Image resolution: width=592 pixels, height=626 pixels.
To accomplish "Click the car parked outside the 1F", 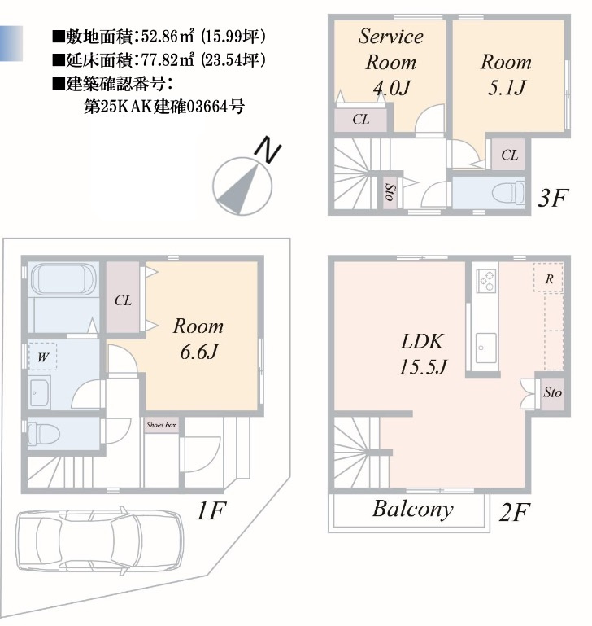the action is click(100, 541).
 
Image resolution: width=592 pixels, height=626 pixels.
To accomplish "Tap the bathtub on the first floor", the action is click(63, 280).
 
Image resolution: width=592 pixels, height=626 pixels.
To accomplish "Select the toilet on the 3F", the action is click(507, 193).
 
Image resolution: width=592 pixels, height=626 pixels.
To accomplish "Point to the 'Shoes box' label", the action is click(161, 425).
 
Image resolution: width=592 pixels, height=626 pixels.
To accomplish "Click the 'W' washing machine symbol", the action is click(42, 357).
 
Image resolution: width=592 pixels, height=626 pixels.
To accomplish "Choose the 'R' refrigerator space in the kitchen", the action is click(549, 278).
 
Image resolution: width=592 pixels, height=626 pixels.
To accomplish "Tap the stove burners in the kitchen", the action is click(486, 281).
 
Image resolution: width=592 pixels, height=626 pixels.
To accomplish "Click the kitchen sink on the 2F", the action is click(486, 348).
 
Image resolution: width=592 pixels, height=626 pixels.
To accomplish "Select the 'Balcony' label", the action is click(413, 509).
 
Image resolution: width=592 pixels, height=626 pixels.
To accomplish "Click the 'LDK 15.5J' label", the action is click(423, 354).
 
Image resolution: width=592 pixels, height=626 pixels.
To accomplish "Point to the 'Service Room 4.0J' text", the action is click(390, 62).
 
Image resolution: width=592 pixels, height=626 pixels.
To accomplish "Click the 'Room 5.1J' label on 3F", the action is click(506, 74).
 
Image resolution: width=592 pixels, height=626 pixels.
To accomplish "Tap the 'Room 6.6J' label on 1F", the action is click(198, 339).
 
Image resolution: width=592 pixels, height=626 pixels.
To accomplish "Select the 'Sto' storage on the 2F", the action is click(552, 393).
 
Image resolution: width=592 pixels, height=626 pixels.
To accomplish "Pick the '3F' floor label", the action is click(552, 197).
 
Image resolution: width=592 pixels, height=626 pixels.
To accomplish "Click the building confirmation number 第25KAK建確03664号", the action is click(164, 107).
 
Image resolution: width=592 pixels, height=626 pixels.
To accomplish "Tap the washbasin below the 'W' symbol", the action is click(40, 392).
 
